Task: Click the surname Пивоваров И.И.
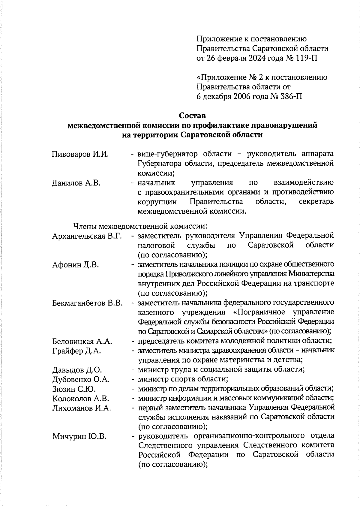pos(80,154)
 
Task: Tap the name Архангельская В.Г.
pos(87,236)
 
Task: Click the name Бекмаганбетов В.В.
pos(87,303)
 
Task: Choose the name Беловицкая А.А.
pos(82,341)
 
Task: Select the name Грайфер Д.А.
pos(76,351)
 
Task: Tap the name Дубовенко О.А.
pos(81,379)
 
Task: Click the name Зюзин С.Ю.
pos(74,389)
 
